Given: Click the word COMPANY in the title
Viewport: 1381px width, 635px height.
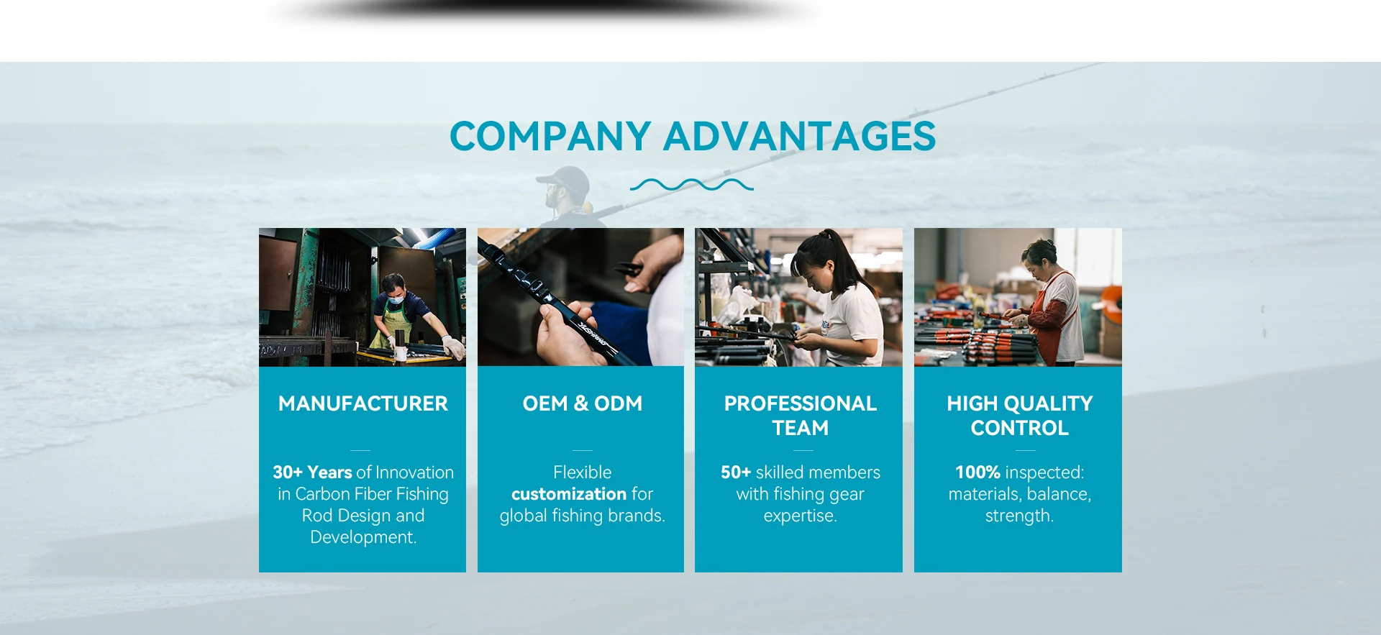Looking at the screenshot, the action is [x=550, y=136].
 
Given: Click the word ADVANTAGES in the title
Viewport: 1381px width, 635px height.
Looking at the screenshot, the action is [x=799, y=136].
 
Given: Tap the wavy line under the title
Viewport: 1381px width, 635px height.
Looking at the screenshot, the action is [x=692, y=185].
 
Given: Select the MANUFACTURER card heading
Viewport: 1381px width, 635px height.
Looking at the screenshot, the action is [x=363, y=403].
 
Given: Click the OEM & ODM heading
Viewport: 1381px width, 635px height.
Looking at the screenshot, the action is [x=583, y=403].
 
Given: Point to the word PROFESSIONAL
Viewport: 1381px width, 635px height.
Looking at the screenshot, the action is [x=801, y=403].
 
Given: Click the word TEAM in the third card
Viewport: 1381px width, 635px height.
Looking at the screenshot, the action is [x=801, y=428].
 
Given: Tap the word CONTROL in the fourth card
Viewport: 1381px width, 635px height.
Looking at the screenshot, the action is [x=1019, y=428].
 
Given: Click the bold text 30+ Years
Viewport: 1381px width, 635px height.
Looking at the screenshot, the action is [x=312, y=472].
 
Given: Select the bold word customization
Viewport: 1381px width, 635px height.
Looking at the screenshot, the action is [x=569, y=494].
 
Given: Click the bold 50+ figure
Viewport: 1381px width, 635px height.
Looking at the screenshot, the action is [x=736, y=472].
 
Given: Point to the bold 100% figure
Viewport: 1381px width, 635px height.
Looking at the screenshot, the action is [x=977, y=472].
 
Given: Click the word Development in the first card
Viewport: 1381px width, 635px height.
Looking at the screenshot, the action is [x=362, y=537].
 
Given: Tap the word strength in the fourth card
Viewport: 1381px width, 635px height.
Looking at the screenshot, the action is [x=1018, y=516].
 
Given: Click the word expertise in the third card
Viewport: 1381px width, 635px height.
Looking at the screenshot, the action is [x=798, y=516].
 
